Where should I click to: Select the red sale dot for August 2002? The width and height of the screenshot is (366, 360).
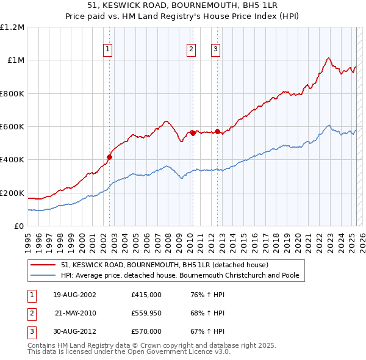[110, 157]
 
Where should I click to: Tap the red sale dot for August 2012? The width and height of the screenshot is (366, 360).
[217, 131]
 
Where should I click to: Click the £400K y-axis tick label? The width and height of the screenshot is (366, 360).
[12, 160]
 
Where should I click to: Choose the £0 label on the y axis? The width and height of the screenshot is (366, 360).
[19, 226]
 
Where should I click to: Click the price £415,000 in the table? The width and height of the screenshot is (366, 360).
[146, 295]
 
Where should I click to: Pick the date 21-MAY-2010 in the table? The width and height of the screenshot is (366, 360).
[76, 313]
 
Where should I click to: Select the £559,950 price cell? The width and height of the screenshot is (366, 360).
[146, 313]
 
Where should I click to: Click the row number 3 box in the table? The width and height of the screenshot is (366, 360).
[30, 331]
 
